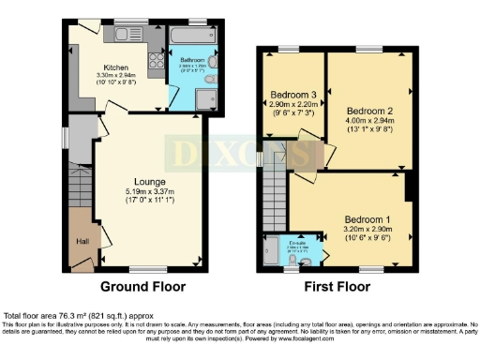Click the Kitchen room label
click(114, 67)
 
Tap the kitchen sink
click(124, 36)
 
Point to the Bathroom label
click(193, 60)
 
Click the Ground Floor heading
click(142, 287)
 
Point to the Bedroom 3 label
click(293, 95)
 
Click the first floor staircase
click(274, 187)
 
